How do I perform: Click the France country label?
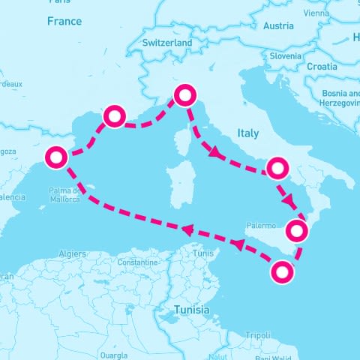click(64, 22)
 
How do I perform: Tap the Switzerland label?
click(167, 43)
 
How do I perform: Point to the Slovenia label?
click(286, 55)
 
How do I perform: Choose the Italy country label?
click(247, 133)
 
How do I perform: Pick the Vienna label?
click(316, 13)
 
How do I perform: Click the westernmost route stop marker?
click(57, 157)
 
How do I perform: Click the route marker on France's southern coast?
click(114, 115)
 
